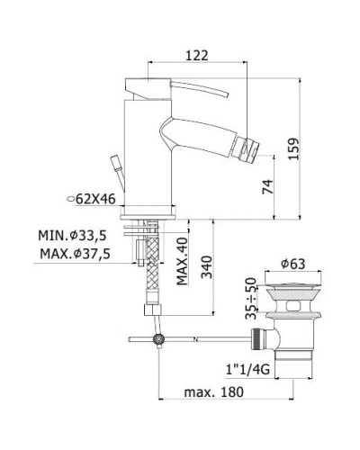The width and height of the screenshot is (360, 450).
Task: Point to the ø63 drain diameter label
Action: (x=290, y=263)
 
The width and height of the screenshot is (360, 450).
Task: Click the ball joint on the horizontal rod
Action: (x=160, y=339)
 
